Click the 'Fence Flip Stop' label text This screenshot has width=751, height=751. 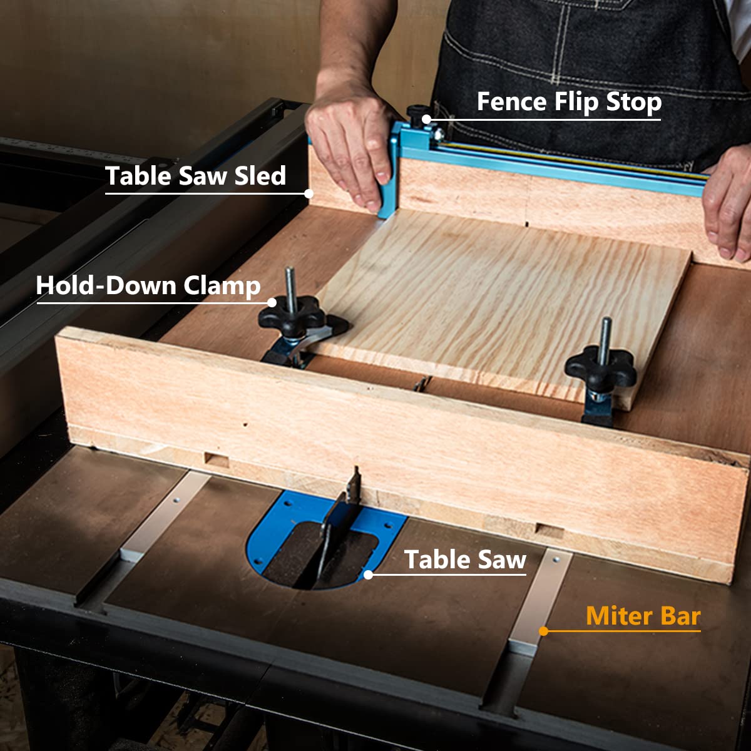(568, 102)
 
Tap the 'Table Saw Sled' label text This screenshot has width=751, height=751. (195, 176)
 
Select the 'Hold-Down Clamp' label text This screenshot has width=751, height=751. (148, 285)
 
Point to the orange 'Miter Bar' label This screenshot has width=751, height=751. (643, 616)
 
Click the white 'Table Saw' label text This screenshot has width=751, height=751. (465, 559)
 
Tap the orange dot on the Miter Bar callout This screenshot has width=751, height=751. (543, 631)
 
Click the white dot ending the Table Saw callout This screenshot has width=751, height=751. (368, 574)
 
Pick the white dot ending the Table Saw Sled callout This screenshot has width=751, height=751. (309, 193)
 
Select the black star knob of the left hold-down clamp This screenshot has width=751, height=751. (292, 312)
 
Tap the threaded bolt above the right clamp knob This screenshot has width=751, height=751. (605, 335)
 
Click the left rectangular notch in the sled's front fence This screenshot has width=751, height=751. (217, 461)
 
